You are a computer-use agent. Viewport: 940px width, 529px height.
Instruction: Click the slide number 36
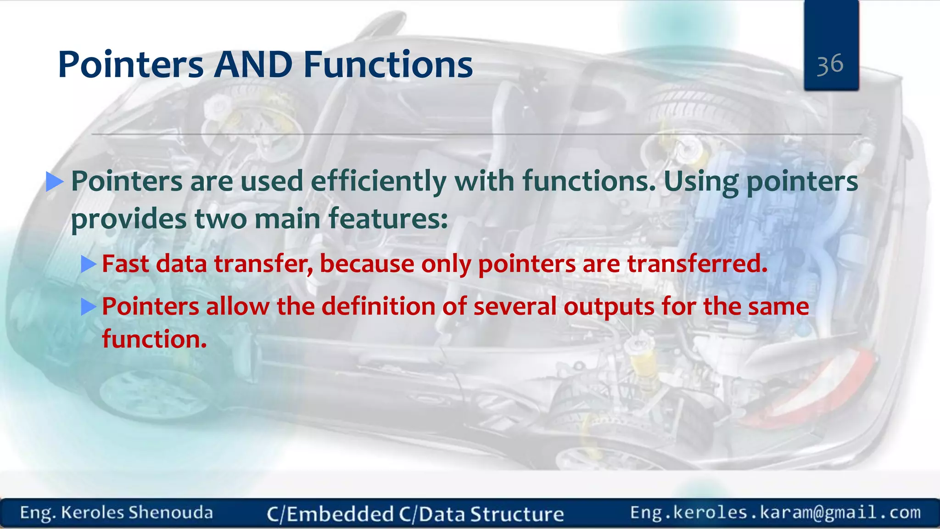(x=830, y=64)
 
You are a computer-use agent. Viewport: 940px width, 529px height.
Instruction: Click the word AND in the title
(x=253, y=64)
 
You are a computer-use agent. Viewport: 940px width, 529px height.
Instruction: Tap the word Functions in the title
(x=388, y=64)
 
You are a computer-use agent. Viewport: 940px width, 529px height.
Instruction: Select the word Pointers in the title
(x=131, y=64)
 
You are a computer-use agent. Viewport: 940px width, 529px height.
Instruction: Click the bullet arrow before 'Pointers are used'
(x=55, y=181)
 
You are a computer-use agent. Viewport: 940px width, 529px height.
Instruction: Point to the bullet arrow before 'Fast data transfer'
(x=88, y=264)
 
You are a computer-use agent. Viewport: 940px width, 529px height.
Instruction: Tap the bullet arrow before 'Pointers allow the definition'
(x=88, y=306)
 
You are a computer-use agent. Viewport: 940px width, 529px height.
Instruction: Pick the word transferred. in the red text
(x=697, y=264)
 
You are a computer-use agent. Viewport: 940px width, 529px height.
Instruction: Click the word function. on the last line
(x=154, y=339)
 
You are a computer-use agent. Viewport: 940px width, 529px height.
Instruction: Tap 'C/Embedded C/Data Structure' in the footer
(x=415, y=514)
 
